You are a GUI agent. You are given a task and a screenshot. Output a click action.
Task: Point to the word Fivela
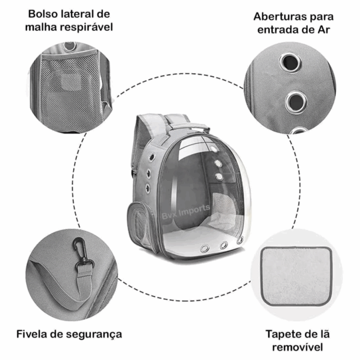click(x=34, y=334)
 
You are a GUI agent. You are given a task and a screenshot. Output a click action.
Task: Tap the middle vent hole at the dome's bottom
click(x=224, y=245)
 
